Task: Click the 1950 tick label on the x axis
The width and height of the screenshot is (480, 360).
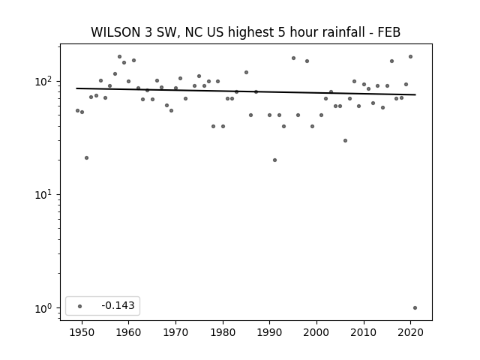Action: point(82,332)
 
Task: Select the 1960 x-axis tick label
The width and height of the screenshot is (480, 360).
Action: point(128,332)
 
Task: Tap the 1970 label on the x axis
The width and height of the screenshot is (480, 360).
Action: point(175,332)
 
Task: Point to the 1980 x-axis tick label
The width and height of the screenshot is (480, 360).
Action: point(223,332)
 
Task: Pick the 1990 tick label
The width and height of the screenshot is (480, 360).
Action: point(270,332)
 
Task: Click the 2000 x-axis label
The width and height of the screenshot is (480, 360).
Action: point(316,332)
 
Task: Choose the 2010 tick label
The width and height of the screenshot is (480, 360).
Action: point(364,332)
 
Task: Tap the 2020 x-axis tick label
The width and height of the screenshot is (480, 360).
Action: point(411,332)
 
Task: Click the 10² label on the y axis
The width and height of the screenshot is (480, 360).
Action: point(45,82)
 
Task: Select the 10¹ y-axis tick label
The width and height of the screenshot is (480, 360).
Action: point(45,195)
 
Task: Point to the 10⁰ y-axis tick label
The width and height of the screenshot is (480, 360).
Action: point(45,308)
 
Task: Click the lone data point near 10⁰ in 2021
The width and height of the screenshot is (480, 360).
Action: point(415,308)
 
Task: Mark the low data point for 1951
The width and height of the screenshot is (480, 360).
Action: point(87,158)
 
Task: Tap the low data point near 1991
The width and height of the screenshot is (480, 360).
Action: point(275,160)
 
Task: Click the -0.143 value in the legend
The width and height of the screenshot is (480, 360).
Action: point(118,305)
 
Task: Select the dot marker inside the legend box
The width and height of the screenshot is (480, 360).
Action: point(80,306)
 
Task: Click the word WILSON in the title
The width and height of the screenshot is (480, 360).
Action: point(116,32)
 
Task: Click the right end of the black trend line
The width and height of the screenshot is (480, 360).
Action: point(415,94)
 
